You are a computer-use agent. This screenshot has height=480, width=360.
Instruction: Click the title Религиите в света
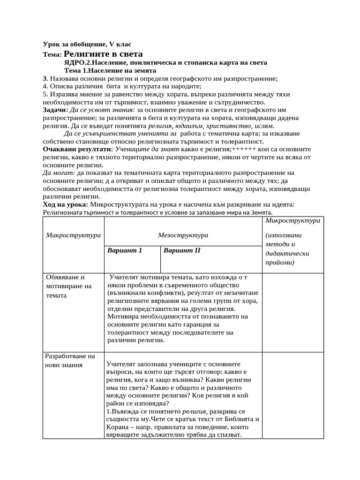click(103, 54)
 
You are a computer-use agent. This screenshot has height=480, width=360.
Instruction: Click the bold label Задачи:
click(55, 110)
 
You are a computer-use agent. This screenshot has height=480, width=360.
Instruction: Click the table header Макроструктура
click(73, 235)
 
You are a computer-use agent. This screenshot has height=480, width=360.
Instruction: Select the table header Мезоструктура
click(183, 235)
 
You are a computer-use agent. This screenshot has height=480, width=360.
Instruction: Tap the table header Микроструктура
click(292, 220)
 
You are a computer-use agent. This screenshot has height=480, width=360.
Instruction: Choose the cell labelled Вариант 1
click(125, 250)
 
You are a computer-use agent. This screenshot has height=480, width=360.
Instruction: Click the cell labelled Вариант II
click(182, 250)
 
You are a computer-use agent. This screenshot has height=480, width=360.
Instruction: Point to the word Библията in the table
click(235, 419)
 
